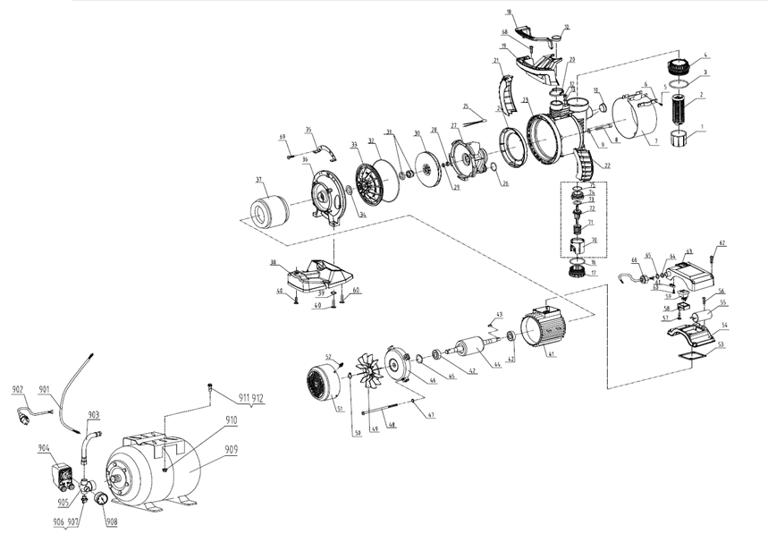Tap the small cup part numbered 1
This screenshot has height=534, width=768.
pos(679,142)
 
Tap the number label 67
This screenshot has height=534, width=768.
pos(723,243)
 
